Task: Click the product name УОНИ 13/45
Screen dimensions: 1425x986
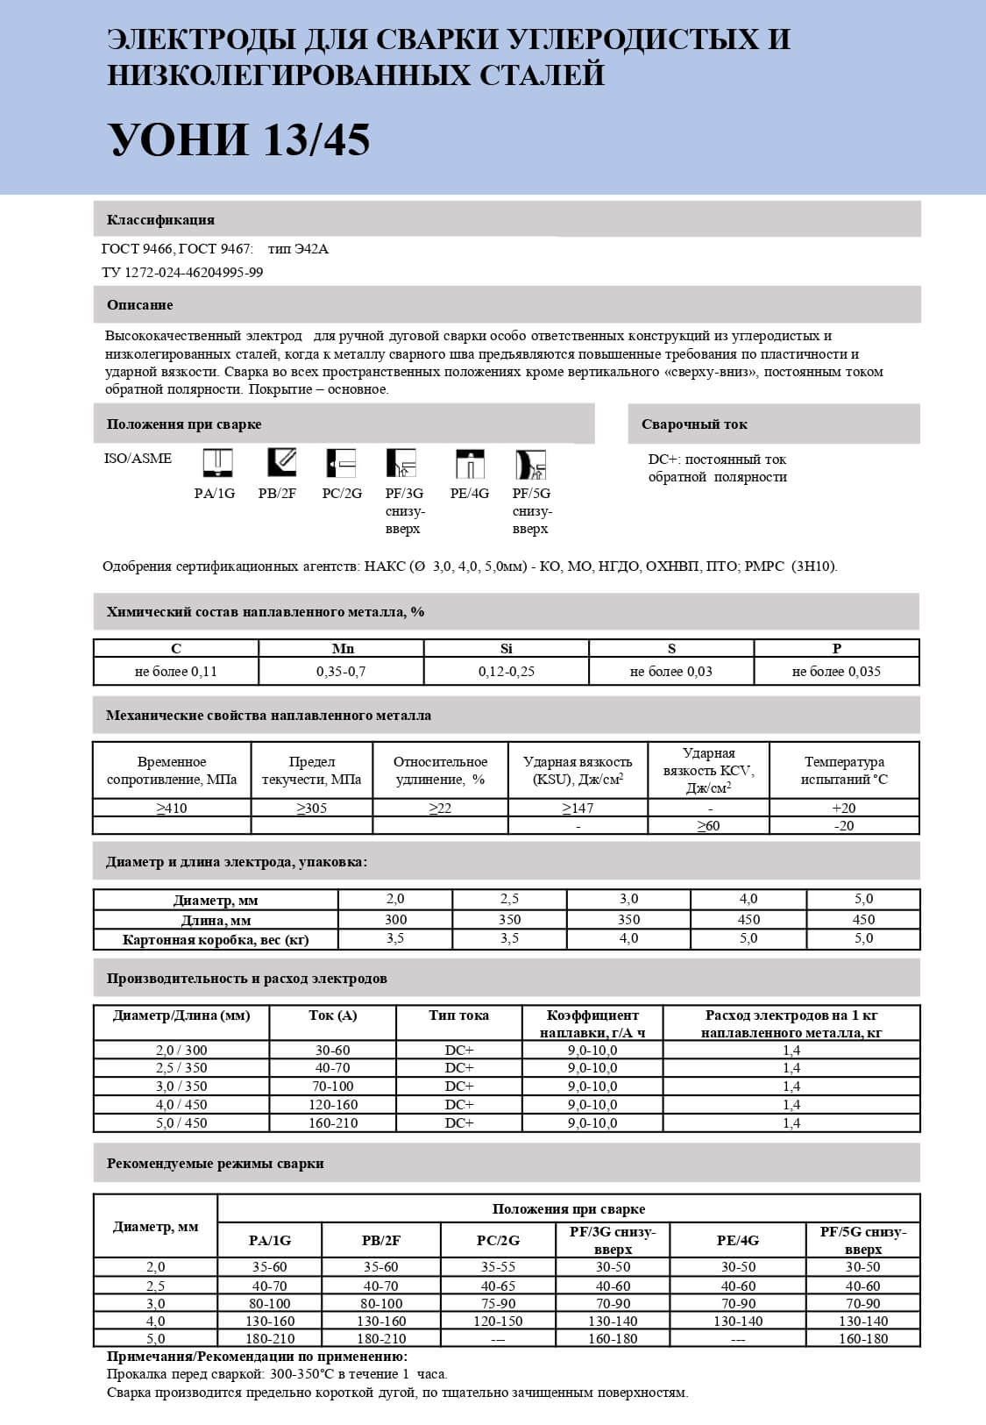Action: [238, 139]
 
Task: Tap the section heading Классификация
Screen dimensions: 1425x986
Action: [160, 219]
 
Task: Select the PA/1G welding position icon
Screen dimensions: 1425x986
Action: [216, 462]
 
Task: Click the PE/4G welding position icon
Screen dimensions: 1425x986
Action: [470, 463]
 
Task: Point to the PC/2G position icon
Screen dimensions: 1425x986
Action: [342, 462]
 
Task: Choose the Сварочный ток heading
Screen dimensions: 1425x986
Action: [694, 424]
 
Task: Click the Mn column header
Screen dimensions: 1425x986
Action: [343, 649]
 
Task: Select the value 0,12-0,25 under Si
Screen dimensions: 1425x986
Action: [507, 672]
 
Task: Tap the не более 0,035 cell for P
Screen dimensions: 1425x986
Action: [836, 672]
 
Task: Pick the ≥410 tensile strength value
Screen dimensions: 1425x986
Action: [171, 808]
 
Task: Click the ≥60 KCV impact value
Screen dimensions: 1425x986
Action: [708, 826]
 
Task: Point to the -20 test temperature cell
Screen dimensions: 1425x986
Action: [844, 826]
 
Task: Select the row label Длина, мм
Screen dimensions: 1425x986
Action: [216, 920]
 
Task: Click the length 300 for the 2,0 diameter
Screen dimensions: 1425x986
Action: [395, 920]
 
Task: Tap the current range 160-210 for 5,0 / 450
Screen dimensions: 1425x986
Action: [333, 1122]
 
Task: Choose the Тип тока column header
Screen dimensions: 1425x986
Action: [459, 1015]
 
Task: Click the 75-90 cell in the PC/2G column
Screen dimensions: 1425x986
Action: [498, 1303]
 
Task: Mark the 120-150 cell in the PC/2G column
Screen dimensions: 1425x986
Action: [498, 1321]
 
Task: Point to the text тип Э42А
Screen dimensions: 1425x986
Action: [298, 249]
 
